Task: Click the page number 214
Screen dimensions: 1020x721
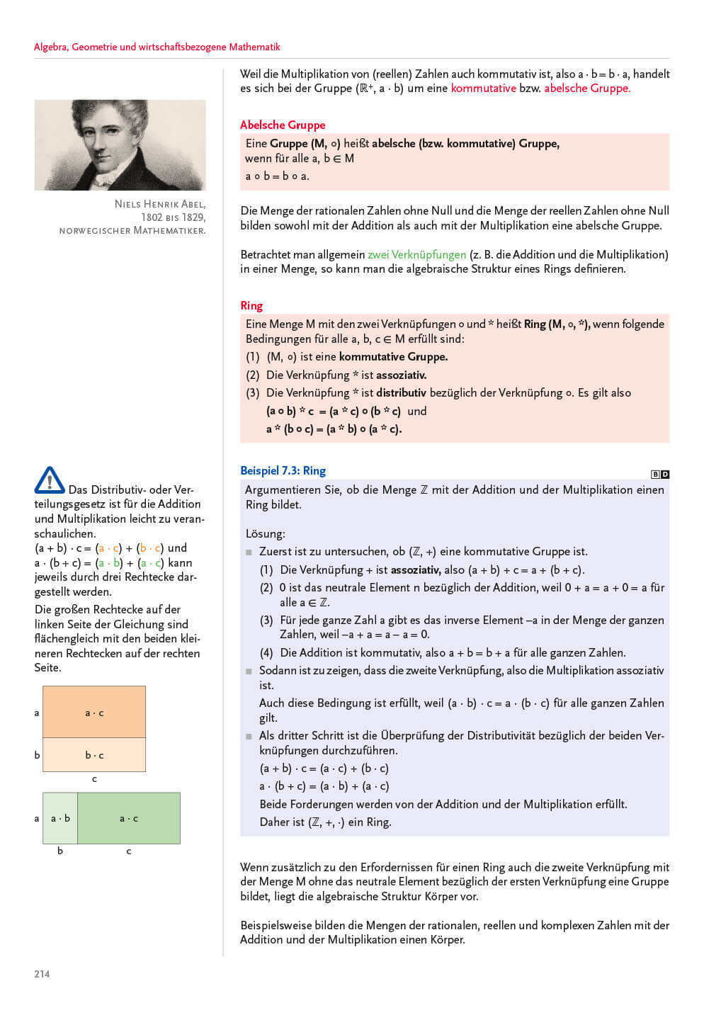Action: point(42,974)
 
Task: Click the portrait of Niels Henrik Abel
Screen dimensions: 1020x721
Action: point(120,144)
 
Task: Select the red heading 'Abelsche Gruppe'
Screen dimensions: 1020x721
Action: point(283,125)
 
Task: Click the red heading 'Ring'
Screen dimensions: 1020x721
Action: point(251,305)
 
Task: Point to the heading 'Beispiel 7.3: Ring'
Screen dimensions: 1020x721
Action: point(283,470)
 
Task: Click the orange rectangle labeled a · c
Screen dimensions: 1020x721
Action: point(94,712)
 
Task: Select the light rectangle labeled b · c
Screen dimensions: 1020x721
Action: point(94,755)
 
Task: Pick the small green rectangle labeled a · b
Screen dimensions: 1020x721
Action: point(60,818)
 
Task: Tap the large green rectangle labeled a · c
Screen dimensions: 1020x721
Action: point(129,818)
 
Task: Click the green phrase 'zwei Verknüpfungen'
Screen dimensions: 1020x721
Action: point(416,254)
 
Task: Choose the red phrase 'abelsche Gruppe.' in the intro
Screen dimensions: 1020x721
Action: point(587,88)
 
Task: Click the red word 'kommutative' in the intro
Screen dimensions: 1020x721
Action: point(484,88)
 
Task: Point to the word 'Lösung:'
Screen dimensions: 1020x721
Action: point(265,533)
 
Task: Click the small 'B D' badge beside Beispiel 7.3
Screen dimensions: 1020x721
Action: point(660,474)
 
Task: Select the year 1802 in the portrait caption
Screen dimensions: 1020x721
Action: point(152,217)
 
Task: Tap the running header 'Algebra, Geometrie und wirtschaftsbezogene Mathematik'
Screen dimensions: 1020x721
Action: point(157,47)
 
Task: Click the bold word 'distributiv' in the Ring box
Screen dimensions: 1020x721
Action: point(401,392)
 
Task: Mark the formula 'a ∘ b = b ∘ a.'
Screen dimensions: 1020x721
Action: point(277,176)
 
